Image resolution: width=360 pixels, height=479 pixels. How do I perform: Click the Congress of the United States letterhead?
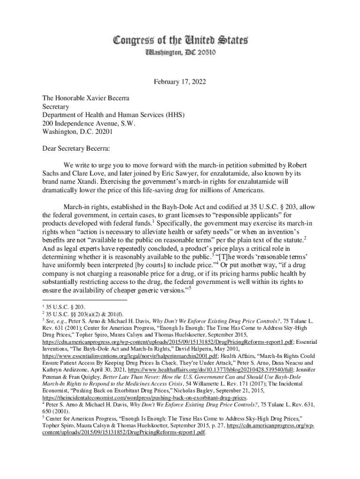pyautogui.click(x=180, y=40)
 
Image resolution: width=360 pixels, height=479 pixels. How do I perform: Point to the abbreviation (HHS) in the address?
pyautogui.click(x=172, y=115)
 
